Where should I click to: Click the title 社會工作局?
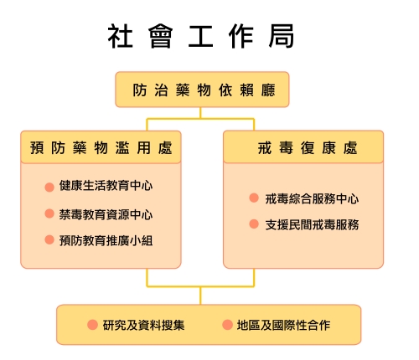point(201,36)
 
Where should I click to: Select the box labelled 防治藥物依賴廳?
point(202,90)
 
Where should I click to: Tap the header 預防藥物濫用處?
point(101,147)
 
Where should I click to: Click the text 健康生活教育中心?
point(106,186)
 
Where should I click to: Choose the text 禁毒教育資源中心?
point(106,214)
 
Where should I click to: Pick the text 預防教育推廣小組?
point(106,240)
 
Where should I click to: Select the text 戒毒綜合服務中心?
point(312,198)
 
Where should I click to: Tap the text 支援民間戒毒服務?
point(312,224)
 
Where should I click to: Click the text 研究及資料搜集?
point(143,325)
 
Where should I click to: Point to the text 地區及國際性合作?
point(283,325)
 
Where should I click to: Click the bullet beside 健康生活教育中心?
point(49,187)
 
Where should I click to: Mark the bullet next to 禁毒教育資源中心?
point(49,213)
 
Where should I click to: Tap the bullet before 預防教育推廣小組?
point(49,239)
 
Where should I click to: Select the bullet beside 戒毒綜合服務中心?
point(254,198)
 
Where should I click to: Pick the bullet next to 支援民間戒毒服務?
point(254,224)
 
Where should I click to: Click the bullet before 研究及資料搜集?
point(92,325)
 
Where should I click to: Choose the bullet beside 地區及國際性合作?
point(227,325)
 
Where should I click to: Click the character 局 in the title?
point(282,36)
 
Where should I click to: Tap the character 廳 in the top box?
point(268,90)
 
